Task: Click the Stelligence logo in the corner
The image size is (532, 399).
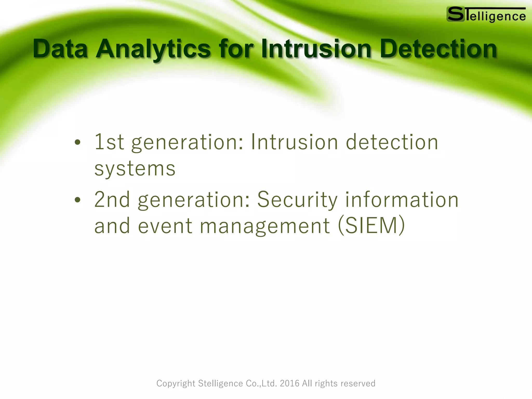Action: (x=486, y=15)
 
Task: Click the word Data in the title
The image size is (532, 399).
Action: (x=60, y=49)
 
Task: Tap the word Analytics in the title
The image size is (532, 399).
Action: (x=153, y=49)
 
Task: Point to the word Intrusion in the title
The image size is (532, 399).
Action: (x=316, y=49)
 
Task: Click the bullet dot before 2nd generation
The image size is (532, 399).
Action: (x=77, y=200)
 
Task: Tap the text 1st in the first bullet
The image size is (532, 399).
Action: (x=109, y=142)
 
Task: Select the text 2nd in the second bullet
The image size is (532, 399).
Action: (x=112, y=199)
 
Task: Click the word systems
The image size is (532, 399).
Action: (x=135, y=169)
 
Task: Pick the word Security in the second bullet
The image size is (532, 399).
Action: (x=297, y=199)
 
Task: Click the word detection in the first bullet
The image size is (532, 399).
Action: (x=392, y=142)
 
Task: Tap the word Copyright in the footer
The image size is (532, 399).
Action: (x=176, y=383)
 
